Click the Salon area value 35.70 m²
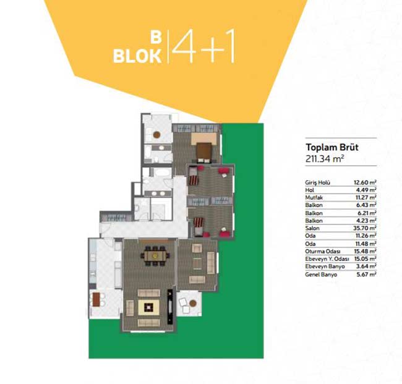coord(365,228)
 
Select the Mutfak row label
coord(314,197)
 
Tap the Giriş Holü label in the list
coord(317,182)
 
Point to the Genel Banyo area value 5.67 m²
coord(366,275)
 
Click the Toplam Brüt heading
coord(331,147)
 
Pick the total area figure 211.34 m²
coord(324,159)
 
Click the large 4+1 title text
coord(204,46)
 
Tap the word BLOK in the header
coord(137,56)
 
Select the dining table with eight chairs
coord(155,255)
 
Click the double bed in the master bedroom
coord(204,153)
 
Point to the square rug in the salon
coord(148,307)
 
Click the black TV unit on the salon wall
coord(170,306)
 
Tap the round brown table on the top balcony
coord(156,135)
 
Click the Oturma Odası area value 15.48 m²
coord(365,251)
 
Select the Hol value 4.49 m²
coord(366,190)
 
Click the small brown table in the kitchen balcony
coord(96,299)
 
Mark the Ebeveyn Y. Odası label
coord(327,259)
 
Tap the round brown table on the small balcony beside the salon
coord(193,304)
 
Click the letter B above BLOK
coord(156,38)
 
